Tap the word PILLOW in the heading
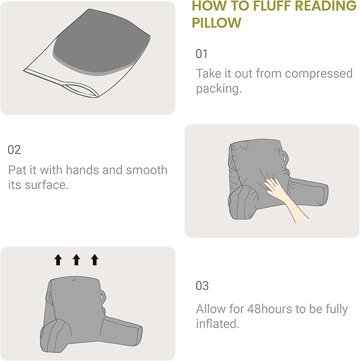(x=216, y=23)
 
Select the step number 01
(x=202, y=54)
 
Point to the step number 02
(x=14, y=150)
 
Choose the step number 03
(x=202, y=286)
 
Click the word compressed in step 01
(x=317, y=73)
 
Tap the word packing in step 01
(x=217, y=89)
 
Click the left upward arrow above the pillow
(x=58, y=259)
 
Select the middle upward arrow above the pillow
(x=76, y=259)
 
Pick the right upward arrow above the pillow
(x=94, y=259)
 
